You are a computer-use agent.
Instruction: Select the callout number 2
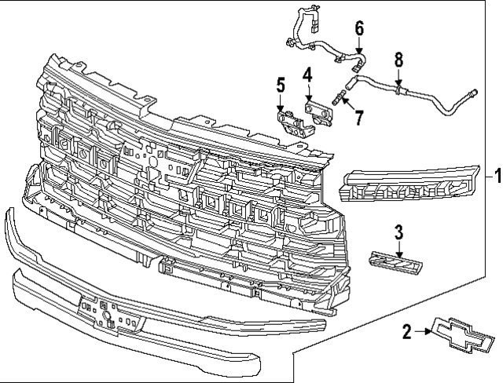[x=407, y=332]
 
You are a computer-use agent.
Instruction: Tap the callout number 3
[x=398, y=232]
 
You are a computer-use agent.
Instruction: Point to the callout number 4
[x=308, y=75]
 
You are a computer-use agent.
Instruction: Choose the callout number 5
[x=279, y=85]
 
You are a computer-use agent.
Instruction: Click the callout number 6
[x=359, y=28]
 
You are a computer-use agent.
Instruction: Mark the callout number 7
[x=359, y=118]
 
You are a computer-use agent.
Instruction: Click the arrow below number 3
[x=398, y=248]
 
